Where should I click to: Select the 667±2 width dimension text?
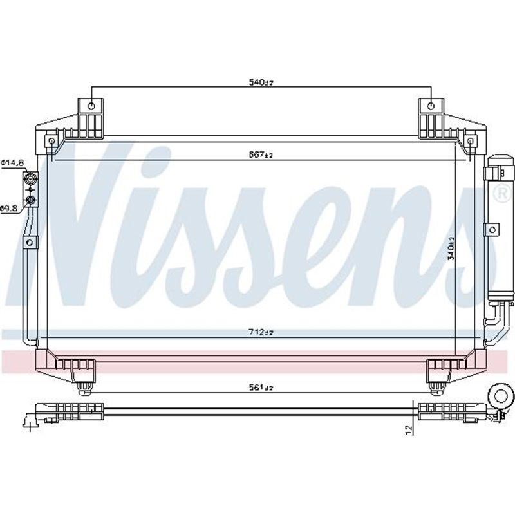tap(261, 155)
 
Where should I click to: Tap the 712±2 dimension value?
tap(261, 332)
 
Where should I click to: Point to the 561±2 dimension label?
tap(261, 388)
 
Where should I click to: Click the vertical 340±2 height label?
tap(452, 247)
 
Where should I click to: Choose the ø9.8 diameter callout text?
tap(10, 207)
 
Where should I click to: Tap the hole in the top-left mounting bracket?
tap(91, 106)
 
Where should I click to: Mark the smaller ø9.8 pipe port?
tap(30, 201)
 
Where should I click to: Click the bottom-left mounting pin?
tap(83, 386)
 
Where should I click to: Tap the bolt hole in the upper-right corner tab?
tap(469, 140)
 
